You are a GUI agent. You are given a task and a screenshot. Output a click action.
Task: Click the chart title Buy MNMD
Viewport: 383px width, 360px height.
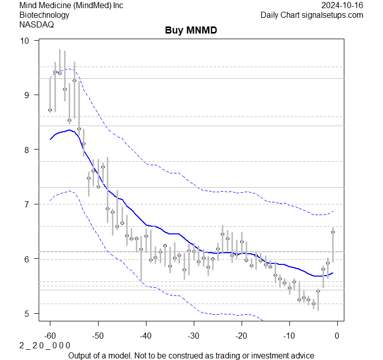pos(191,31)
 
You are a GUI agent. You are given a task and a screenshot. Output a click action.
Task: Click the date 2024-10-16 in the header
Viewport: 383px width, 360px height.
pos(342,5)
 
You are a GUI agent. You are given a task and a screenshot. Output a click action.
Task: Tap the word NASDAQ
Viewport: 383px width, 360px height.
pos(35,24)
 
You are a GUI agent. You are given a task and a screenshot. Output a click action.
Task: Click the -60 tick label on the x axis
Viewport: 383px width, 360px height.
pos(50,335)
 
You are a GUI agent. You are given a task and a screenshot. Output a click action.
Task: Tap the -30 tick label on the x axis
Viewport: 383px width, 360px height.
pos(193,335)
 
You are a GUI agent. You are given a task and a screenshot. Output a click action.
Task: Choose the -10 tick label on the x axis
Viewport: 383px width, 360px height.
pos(289,335)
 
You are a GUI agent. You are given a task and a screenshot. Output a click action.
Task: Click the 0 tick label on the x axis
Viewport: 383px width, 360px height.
pos(337,335)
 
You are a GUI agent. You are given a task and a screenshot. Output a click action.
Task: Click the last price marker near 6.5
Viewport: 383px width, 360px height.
pos(333,232)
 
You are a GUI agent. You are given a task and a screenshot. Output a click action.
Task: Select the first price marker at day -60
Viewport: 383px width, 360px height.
pos(50,110)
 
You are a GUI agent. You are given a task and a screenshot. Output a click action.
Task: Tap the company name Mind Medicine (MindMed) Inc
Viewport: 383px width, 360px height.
pos(71,5)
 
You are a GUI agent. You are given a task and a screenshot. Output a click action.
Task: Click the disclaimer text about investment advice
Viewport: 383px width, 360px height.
pos(191,355)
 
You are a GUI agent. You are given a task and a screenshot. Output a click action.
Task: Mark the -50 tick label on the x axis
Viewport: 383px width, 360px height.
pos(98,335)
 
